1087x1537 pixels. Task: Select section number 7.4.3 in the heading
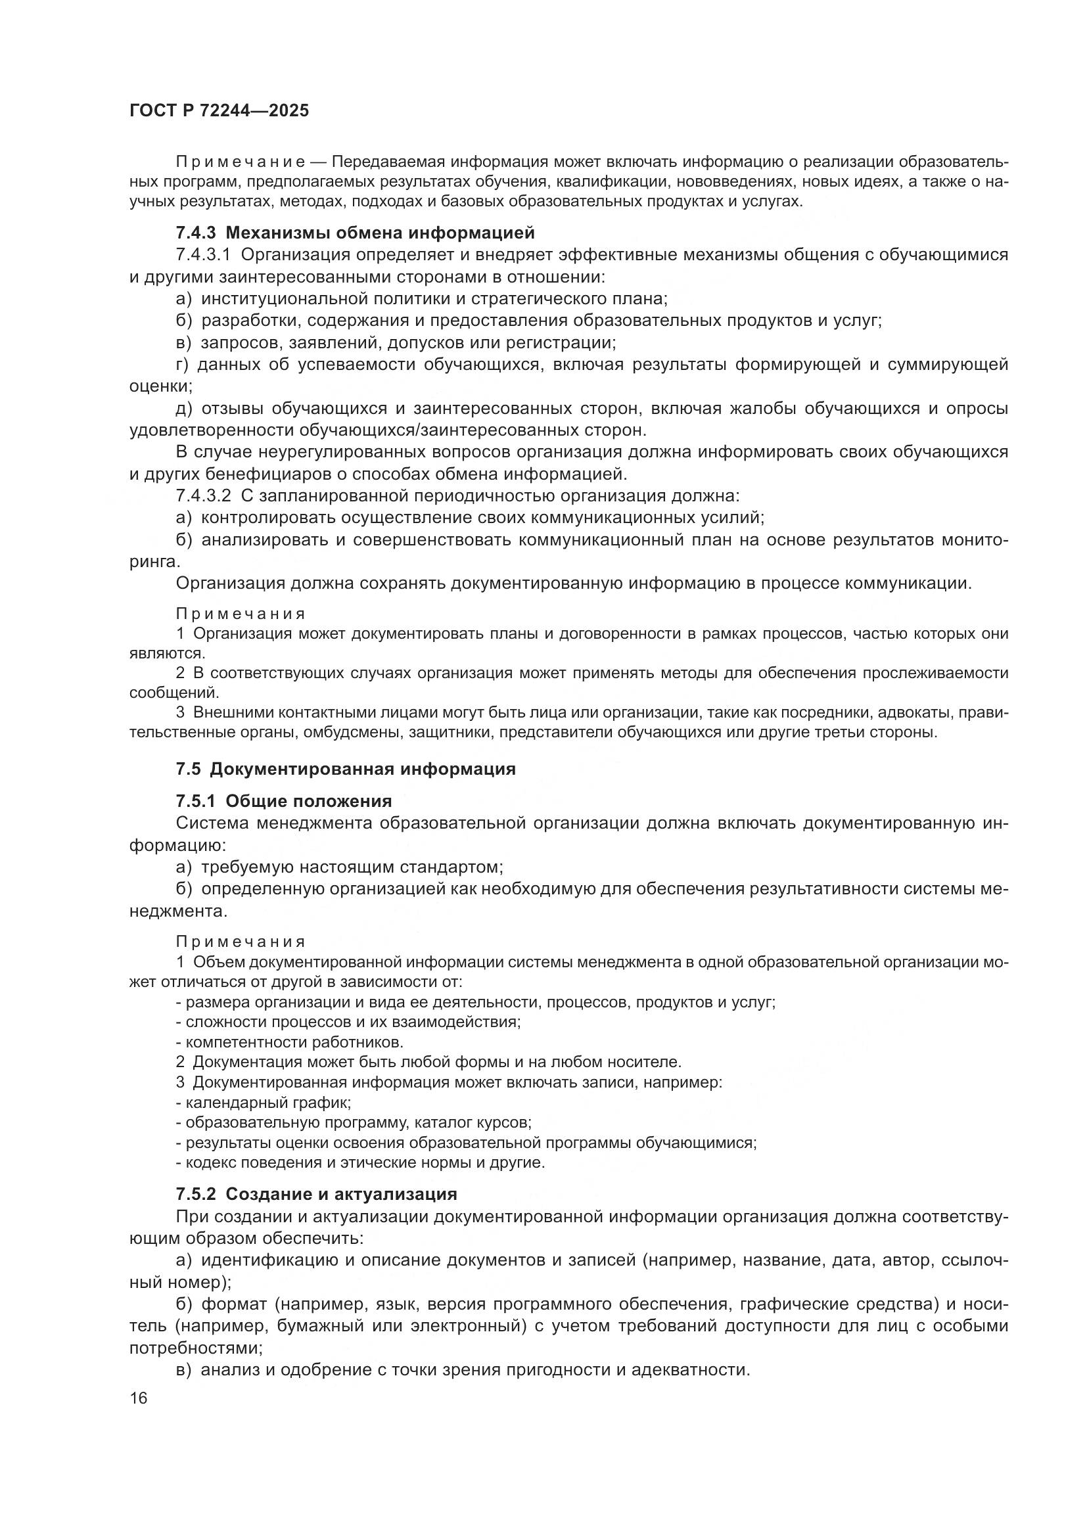click(196, 233)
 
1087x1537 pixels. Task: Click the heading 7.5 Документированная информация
click(346, 769)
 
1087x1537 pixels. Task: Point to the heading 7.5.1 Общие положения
click(284, 800)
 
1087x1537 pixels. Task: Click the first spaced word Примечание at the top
click(241, 162)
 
